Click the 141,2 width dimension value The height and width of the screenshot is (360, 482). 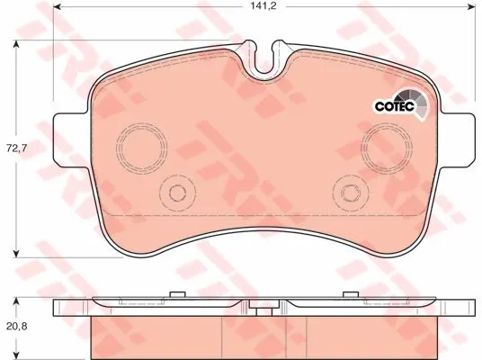coord(263,6)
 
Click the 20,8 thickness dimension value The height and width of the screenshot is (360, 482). coord(17,326)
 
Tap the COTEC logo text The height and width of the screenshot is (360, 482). coord(395,106)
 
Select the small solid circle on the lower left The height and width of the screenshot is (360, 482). coord(177,185)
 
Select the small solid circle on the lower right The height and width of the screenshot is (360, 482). coord(351,185)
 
